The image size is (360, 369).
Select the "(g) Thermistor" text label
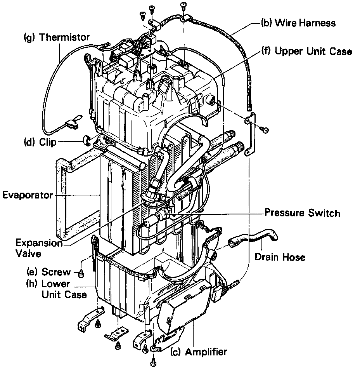pyautogui.click(x=57, y=37)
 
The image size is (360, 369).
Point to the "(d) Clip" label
pyautogui.click(x=39, y=142)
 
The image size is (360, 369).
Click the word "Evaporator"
pyautogui.click(x=27, y=195)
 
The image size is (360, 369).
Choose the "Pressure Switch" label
pyautogui.click(x=302, y=213)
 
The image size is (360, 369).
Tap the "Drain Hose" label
pyautogui.click(x=280, y=257)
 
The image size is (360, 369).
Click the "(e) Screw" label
pyautogui.click(x=48, y=272)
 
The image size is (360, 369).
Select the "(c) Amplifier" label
pyautogui.click(x=199, y=352)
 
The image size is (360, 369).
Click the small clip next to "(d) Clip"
pyautogui.click(x=87, y=139)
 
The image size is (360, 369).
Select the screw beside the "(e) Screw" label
pyautogui.click(x=81, y=274)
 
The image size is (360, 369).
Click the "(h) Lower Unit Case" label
pyautogui.click(x=57, y=289)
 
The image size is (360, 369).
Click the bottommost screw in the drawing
pyautogui.click(x=154, y=363)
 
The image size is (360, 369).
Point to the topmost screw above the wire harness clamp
pyautogui.click(x=183, y=5)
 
